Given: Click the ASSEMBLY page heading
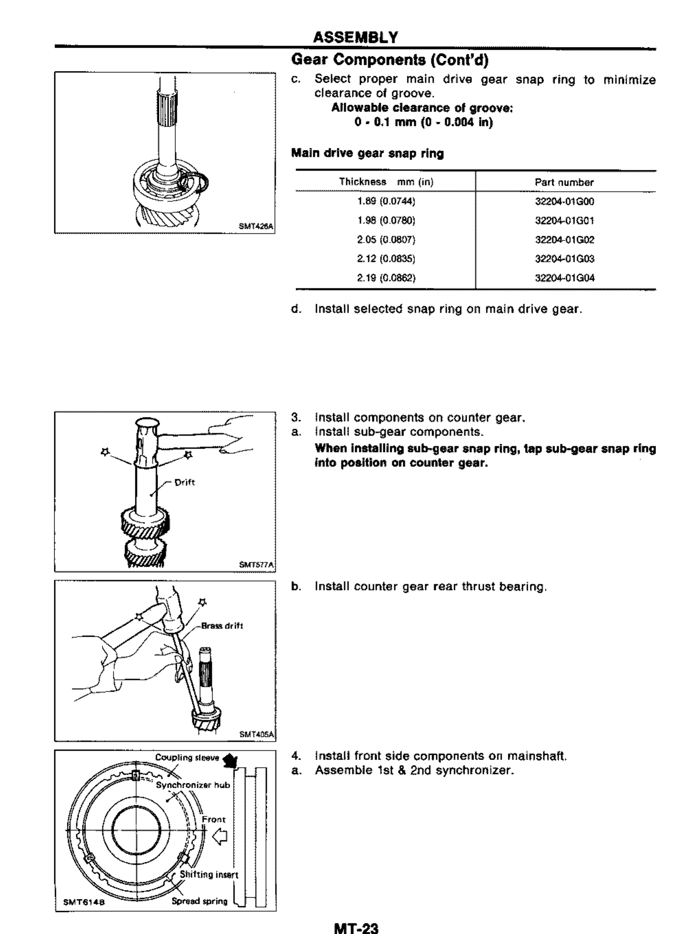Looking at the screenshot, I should coord(356,38).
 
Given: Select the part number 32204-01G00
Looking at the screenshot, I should coord(565,202).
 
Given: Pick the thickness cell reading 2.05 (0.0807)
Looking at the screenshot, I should coord(386,240).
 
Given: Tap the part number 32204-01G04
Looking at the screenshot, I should coord(565,278).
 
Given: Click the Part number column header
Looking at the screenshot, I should coord(564,183).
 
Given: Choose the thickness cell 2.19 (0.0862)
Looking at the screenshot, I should coord(386,278).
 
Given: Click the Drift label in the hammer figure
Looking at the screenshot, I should coord(185,482).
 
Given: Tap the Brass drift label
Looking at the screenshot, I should coord(222,626).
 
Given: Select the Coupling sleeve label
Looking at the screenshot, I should coord(187,758).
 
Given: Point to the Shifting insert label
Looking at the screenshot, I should coord(209,875).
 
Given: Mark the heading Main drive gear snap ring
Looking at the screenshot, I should coord(367,154).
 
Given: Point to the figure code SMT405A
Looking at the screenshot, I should coord(256,734).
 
